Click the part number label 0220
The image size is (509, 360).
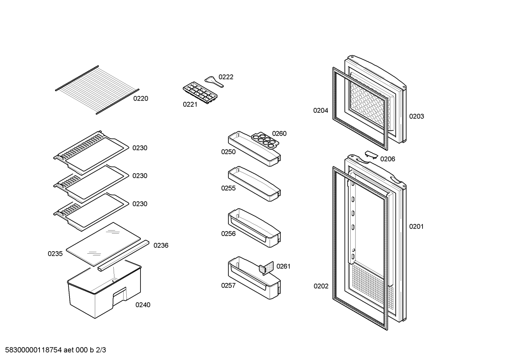(x=140, y=99)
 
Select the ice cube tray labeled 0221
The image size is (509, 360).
(x=200, y=93)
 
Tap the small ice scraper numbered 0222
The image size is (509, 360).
(x=214, y=82)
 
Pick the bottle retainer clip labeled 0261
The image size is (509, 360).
(x=266, y=268)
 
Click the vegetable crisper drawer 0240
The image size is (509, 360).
(x=104, y=289)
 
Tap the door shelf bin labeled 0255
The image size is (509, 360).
(x=254, y=184)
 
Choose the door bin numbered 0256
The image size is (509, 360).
(x=254, y=228)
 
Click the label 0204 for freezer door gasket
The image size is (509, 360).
(x=321, y=111)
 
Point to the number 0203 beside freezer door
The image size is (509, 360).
(x=417, y=117)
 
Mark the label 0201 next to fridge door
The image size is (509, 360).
(x=417, y=226)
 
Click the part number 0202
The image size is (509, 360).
(x=321, y=286)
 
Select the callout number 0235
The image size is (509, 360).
(x=55, y=254)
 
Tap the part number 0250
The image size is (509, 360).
(x=228, y=152)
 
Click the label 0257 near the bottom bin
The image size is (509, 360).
(x=228, y=285)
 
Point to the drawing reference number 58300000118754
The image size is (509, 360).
(x=34, y=350)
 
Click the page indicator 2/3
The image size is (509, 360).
(x=101, y=350)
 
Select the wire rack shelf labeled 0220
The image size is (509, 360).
(x=97, y=90)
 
